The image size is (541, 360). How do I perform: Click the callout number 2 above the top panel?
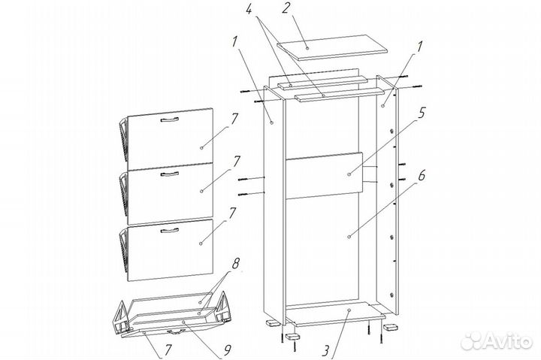click(x=286, y=8)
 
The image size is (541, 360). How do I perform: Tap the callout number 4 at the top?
click(x=250, y=8)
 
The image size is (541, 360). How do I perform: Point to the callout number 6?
click(x=422, y=176)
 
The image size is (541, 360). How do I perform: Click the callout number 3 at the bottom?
click(x=325, y=351)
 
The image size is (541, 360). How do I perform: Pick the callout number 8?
click(x=235, y=264)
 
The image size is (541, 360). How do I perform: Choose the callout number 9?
click(x=228, y=350)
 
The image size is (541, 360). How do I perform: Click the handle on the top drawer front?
click(x=170, y=119)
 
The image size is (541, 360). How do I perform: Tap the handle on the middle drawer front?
click(x=170, y=174)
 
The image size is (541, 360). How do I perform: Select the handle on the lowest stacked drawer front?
click(x=170, y=230)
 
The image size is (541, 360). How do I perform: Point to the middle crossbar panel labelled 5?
click(x=325, y=175)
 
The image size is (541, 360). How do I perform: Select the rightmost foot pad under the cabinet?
click(x=390, y=326)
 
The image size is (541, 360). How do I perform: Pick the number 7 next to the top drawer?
click(x=234, y=119)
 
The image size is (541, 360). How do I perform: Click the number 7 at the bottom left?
click(x=167, y=350)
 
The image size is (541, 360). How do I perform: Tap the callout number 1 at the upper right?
click(x=419, y=47)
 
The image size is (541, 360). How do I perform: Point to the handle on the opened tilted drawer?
click(x=176, y=331)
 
